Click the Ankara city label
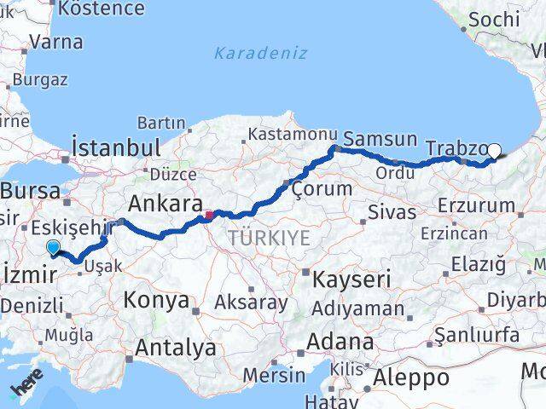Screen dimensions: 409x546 165,204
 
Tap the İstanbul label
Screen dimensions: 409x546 117,146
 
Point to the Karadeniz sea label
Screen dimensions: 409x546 248,53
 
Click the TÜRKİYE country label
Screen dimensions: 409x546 268,239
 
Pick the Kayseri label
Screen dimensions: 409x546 351,279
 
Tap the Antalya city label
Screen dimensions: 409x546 176,348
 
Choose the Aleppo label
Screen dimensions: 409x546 412,377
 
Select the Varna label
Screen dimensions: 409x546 56,42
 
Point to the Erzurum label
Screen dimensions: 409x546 476,205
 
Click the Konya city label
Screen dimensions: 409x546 156,300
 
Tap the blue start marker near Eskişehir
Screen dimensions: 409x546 54,248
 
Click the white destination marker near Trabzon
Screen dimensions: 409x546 494,152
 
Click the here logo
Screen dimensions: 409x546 26,389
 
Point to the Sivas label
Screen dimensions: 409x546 392,212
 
